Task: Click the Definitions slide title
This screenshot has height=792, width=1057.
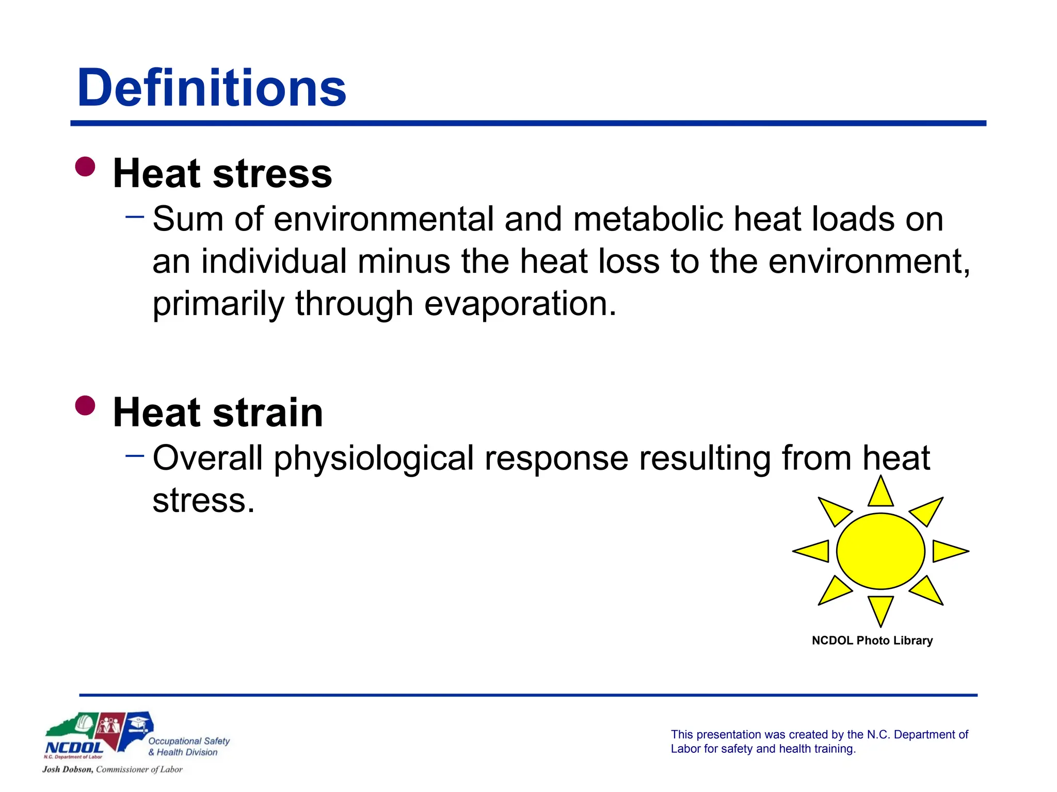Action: click(212, 88)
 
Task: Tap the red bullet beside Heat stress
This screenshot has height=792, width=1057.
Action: click(85, 167)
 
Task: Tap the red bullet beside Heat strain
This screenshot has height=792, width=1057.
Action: click(85, 405)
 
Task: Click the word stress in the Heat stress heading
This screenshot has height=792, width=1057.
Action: click(272, 174)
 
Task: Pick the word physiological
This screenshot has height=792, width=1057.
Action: click(374, 458)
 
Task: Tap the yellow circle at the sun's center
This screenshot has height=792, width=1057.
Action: click(880, 551)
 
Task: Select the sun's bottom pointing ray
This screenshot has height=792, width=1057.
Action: click(880, 609)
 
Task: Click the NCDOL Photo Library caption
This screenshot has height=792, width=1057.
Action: click(872, 640)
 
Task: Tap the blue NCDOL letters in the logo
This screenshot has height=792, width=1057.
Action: click(74, 747)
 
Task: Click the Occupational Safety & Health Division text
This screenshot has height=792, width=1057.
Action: click(188, 747)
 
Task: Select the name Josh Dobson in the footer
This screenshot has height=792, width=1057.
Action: click(67, 769)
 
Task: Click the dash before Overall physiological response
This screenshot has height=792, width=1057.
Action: click(135, 455)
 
